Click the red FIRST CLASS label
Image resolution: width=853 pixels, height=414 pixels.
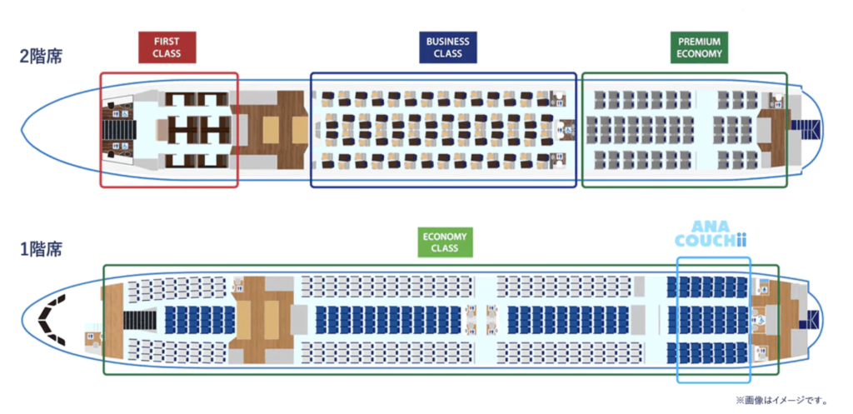(167, 47)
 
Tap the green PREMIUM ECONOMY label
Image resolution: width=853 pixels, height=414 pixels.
(699, 47)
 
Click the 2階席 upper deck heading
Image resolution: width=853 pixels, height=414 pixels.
(41, 57)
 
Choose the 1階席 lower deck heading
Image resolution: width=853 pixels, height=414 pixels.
(41, 248)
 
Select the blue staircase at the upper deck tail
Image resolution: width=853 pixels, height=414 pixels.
(806, 129)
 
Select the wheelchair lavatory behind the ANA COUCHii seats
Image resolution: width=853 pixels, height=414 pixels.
(760, 320)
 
